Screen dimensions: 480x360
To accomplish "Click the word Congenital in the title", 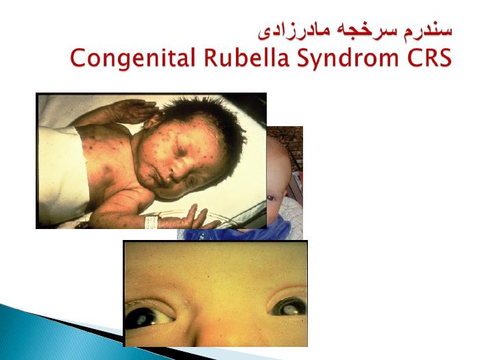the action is pyautogui.click(x=133, y=58).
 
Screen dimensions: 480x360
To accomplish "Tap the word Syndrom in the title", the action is pyautogui.click(x=348, y=59).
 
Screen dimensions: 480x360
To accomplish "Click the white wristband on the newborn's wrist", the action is pyautogui.click(x=152, y=222).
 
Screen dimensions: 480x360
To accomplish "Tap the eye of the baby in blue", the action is pyautogui.click(x=271, y=198).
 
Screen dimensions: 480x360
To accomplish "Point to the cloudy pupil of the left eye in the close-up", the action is pyautogui.click(x=141, y=320).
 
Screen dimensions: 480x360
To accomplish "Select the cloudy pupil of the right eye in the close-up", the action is pyautogui.click(x=289, y=309).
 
